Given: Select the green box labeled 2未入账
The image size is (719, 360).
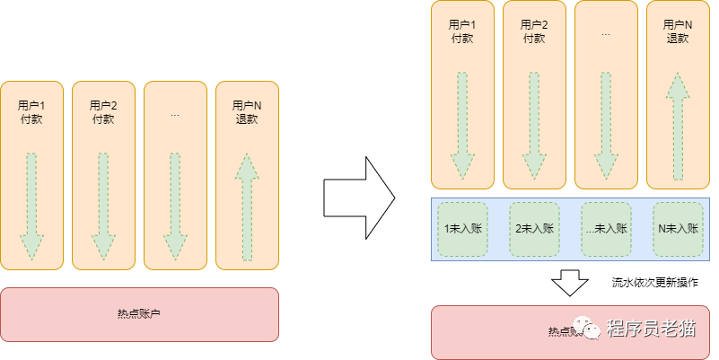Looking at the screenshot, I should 534,229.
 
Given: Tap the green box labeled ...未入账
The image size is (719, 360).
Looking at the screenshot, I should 606,229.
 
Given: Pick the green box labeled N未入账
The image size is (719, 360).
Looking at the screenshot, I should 678,229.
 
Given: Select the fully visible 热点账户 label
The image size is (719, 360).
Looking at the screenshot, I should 140,313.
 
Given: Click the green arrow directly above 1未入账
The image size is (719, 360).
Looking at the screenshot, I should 462,126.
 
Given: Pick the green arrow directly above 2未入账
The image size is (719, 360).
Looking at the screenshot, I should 534,126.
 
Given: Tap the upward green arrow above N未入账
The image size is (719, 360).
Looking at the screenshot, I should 678,126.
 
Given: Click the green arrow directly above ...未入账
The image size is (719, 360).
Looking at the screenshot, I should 606,126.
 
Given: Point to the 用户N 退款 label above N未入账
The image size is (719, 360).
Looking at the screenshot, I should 678,31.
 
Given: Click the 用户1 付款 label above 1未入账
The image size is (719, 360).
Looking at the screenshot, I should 462,31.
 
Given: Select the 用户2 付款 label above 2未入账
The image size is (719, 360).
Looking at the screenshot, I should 534,31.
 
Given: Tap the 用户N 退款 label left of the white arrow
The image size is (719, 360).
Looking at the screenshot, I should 247,112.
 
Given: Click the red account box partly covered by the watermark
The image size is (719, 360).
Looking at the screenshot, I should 503,331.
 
